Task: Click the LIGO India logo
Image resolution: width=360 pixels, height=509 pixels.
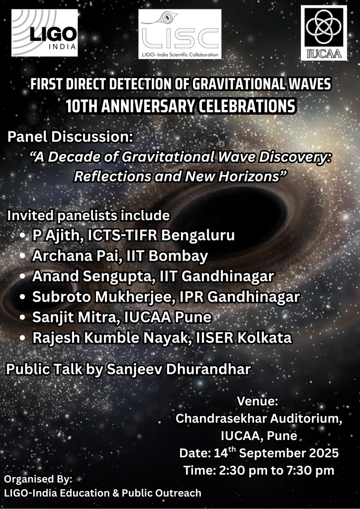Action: (44, 33)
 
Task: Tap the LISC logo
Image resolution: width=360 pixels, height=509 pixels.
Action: (180, 34)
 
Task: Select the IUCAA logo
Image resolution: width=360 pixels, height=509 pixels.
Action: (324, 33)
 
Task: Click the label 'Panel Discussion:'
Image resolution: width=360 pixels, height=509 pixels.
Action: (71, 137)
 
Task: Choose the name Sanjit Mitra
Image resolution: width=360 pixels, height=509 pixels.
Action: (76, 317)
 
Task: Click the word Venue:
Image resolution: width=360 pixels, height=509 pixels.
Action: (258, 401)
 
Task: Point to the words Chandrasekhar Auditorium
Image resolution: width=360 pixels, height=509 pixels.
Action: (259, 419)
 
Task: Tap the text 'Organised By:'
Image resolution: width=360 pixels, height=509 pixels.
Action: (38, 480)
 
